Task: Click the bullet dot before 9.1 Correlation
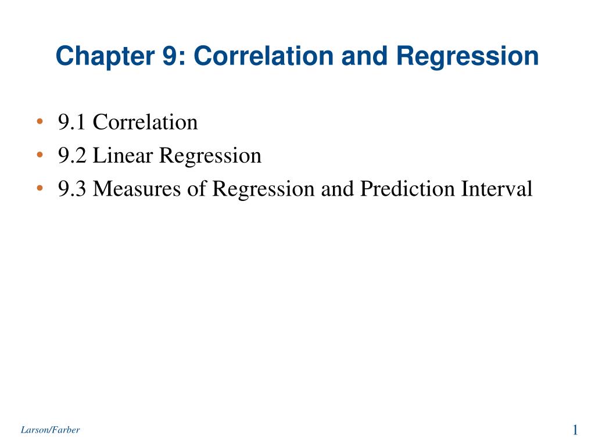click(x=40, y=123)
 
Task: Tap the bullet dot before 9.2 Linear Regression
click(x=40, y=156)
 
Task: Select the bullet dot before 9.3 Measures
click(x=40, y=189)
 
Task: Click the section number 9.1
click(x=72, y=123)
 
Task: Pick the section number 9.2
click(x=72, y=156)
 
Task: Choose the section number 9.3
click(x=72, y=189)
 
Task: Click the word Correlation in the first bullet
click(x=145, y=123)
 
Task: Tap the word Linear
click(x=123, y=156)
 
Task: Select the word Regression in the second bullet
click(x=210, y=156)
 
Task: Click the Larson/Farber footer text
click(x=50, y=430)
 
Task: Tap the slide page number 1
click(x=575, y=430)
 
